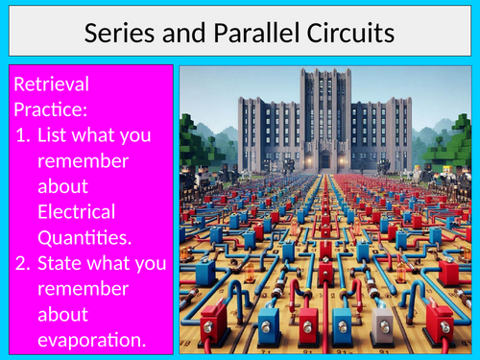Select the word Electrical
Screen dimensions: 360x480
click(77, 211)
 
